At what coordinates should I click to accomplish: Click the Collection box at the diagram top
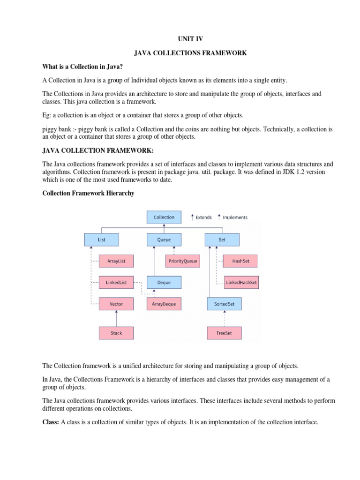[164, 217]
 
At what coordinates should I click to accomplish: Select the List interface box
[102, 240]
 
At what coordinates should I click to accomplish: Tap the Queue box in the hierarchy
[164, 240]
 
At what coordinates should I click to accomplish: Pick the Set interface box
[222, 240]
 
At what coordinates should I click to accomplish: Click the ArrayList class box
[116, 261]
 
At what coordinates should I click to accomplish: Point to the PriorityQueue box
[184, 261]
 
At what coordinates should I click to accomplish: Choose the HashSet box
[240, 261]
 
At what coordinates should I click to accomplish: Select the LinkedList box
[116, 282]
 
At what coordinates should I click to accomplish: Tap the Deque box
[164, 282]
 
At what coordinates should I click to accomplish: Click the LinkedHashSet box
[240, 282]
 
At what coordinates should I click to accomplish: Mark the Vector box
[116, 304]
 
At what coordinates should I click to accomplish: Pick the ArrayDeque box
[164, 304]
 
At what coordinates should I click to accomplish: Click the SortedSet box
[224, 304]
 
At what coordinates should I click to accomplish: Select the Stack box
[116, 333]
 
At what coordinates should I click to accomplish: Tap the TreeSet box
[224, 333]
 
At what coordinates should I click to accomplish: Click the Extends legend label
[203, 217]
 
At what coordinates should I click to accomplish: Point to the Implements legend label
[235, 217]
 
